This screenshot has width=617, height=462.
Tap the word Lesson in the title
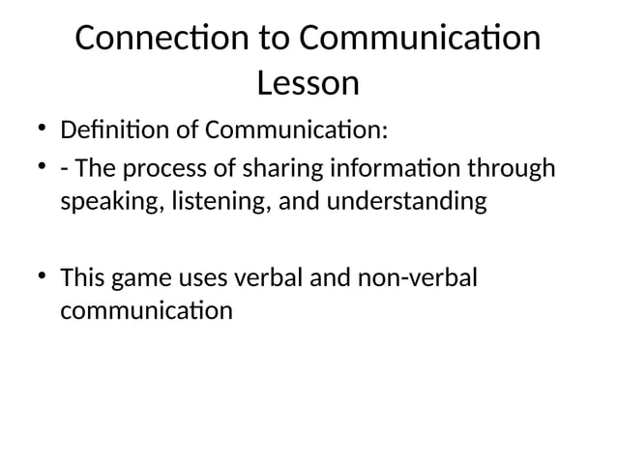coord(308,84)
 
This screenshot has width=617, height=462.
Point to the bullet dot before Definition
coord(40,128)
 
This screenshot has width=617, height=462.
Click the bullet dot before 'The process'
coord(40,169)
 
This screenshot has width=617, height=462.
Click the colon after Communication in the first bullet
coord(385,130)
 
